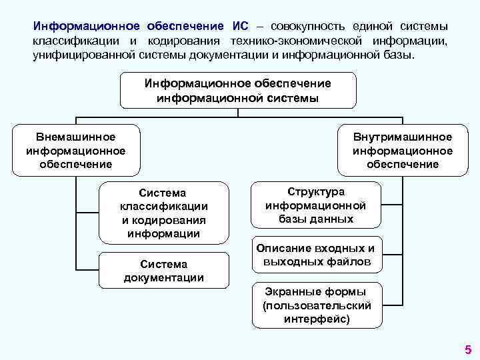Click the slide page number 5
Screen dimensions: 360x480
coord(467,349)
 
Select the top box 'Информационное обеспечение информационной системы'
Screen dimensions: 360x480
coord(238,91)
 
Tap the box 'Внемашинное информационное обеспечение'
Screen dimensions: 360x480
coord(75,150)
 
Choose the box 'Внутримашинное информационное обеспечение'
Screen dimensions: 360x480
coord(403,150)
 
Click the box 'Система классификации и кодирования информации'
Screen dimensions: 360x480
coord(163,213)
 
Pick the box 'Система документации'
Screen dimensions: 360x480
coord(163,271)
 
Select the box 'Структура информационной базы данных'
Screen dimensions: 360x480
coord(316,205)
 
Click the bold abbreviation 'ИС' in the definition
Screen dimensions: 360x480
coord(241,26)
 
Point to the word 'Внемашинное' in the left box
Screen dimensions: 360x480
coord(75,137)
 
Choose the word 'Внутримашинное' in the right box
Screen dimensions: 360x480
coord(403,137)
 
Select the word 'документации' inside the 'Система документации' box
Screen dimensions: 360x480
coord(163,277)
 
